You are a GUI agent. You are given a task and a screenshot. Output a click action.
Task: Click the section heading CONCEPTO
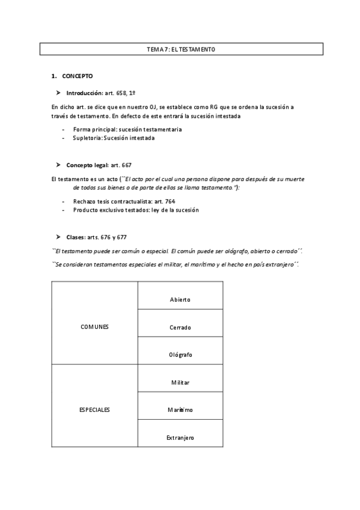(x=77, y=76)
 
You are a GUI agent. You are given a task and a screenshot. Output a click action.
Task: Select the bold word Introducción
(x=85, y=93)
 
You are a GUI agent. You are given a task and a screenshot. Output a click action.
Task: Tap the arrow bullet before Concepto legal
(x=58, y=165)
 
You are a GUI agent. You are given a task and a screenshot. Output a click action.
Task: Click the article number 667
(x=126, y=165)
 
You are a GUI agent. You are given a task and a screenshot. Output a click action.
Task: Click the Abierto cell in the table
(x=180, y=299)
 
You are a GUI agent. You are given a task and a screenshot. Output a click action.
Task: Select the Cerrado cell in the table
(x=180, y=327)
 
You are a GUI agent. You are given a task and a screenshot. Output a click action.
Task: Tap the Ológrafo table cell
(x=180, y=355)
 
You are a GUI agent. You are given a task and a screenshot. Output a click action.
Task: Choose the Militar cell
(x=180, y=382)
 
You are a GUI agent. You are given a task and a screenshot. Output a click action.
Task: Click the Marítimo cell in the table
(x=180, y=410)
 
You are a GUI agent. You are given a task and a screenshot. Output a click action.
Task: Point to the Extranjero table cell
(x=180, y=438)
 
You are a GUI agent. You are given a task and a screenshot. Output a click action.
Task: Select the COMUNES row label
(x=95, y=327)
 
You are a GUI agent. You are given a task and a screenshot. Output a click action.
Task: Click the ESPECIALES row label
(x=95, y=410)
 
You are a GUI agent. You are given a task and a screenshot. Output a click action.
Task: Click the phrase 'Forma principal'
(x=94, y=129)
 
